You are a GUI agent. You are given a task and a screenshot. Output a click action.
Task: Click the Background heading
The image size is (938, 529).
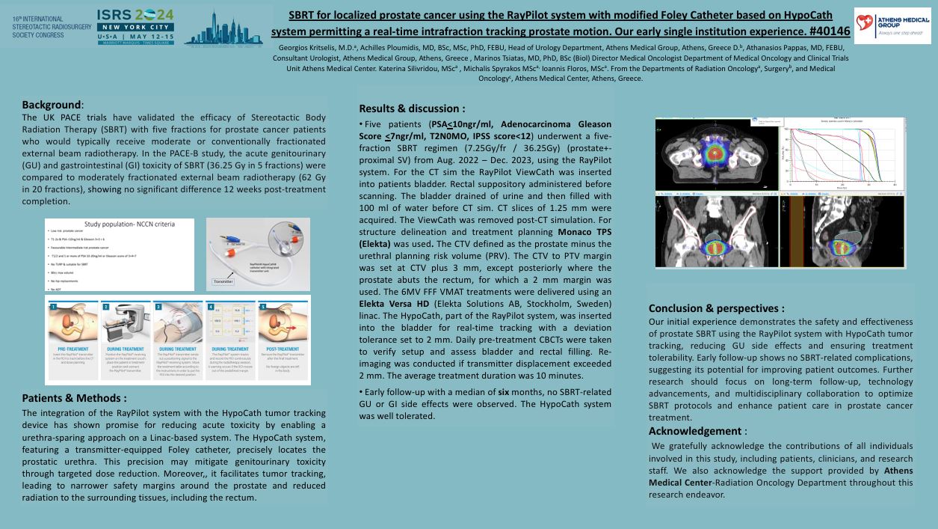tap(51, 105)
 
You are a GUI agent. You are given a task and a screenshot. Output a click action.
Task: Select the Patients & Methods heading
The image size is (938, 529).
tap(74, 398)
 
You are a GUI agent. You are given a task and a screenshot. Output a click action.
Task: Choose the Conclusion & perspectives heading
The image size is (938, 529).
tap(716, 308)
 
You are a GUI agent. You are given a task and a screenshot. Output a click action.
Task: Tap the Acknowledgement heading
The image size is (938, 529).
tap(694, 431)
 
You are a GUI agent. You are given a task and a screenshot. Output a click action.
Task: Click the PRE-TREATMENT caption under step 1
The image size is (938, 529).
tap(72, 349)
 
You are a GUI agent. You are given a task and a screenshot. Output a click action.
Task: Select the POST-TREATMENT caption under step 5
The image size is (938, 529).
tap(283, 349)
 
